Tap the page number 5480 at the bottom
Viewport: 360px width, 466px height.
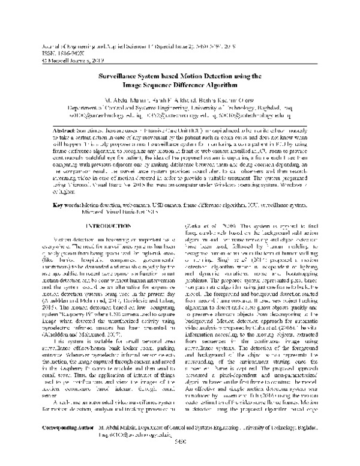[180, 459]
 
